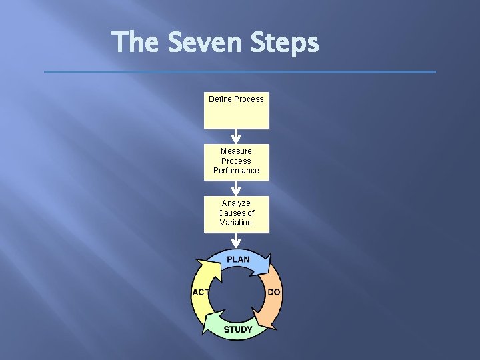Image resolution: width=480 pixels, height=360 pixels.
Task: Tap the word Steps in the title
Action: pyautogui.click(x=285, y=44)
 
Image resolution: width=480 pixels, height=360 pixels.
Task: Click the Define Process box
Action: pyautogui.click(x=236, y=111)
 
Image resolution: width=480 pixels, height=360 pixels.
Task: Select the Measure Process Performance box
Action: pyautogui.click(x=236, y=162)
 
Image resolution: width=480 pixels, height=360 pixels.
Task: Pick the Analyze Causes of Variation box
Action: pyautogui.click(x=236, y=214)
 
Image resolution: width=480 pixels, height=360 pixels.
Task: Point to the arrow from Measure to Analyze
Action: pyautogui.click(x=236, y=189)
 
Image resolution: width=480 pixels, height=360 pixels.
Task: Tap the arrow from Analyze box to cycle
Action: pyautogui.click(x=236, y=240)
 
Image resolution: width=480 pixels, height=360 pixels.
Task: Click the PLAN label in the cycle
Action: pyautogui.click(x=238, y=259)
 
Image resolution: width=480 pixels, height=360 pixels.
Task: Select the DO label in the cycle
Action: pyautogui.click(x=274, y=292)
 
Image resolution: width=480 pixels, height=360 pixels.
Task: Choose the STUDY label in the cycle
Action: pyautogui.click(x=238, y=329)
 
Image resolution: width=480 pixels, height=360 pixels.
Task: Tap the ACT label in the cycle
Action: pyautogui.click(x=201, y=292)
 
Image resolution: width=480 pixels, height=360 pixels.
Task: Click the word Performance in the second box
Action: pyautogui.click(x=236, y=171)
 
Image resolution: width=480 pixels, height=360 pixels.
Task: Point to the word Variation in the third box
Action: pyautogui.click(x=236, y=223)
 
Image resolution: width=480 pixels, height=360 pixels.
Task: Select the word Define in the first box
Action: pyautogui.click(x=220, y=99)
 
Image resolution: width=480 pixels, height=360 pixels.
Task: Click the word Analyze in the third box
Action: pyautogui.click(x=236, y=203)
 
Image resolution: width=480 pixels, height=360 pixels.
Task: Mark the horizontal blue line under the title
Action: pyautogui.click(x=240, y=72)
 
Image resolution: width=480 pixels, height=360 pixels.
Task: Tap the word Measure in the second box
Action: pyautogui.click(x=236, y=151)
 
